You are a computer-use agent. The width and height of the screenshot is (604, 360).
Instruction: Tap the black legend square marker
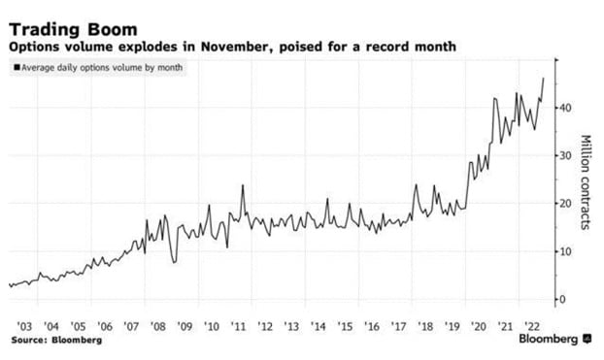tap(16, 67)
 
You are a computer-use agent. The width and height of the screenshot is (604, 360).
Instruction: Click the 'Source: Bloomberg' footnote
tap(56, 341)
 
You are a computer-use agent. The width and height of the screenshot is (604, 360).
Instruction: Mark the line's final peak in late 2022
tap(543, 78)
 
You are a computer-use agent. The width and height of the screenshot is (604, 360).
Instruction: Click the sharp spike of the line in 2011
tap(243, 184)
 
